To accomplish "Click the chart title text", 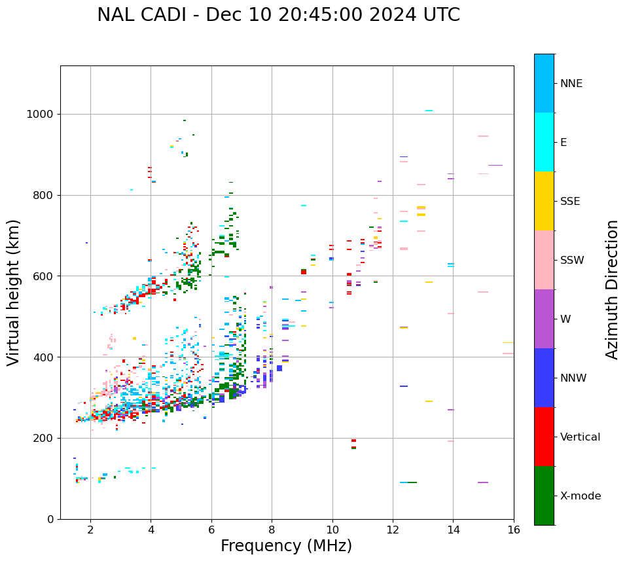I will click(x=278, y=15).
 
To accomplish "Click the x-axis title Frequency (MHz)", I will click(x=286, y=546).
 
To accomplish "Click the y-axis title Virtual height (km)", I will click(x=14, y=292).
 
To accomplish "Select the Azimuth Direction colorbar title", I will click(x=612, y=289).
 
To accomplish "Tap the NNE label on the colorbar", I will click(x=571, y=84).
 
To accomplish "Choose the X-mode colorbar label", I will click(x=581, y=496).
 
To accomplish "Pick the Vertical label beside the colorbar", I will click(x=580, y=437).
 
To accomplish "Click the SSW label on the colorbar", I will click(x=572, y=261).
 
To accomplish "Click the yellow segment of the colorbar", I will click(x=544, y=201).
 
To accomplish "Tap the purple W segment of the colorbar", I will click(x=544, y=319).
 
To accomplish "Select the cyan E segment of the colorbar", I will click(x=544, y=142).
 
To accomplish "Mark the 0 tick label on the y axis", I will click(x=50, y=519).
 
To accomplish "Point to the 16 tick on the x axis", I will click(x=514, y=530).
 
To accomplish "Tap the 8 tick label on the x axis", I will click(x=272, y=530).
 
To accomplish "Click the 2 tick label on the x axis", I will click(x=90, y=530).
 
